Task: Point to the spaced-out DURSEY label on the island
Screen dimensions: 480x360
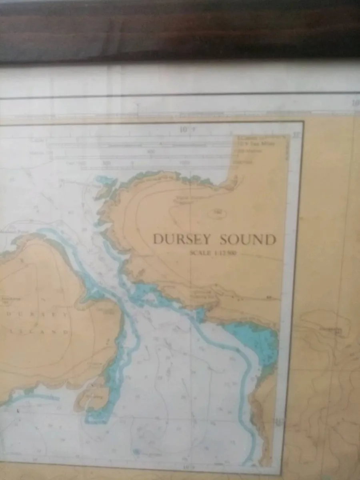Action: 38,314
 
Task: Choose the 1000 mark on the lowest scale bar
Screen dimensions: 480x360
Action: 184,163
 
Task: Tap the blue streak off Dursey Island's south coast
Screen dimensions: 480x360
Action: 36,396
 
